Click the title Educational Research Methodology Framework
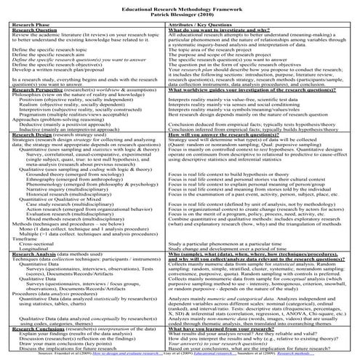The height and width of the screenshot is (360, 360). click(180, 6)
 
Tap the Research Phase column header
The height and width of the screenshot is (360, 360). click(33, 25)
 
